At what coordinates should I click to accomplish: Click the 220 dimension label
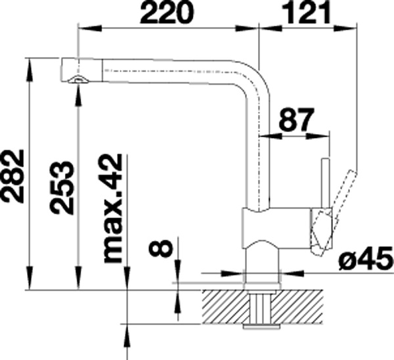pos(167,12)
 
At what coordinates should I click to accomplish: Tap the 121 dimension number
pos(307,12)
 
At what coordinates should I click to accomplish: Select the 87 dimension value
pos(297,120)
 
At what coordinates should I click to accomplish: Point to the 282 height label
pos(13,176)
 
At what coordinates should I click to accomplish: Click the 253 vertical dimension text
pos(62,187)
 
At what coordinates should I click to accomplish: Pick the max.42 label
pos(112,208)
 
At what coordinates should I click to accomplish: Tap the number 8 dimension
pos(160,248)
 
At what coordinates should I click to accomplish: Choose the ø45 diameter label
pos(366,258)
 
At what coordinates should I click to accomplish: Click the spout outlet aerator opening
pos(77,79)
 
